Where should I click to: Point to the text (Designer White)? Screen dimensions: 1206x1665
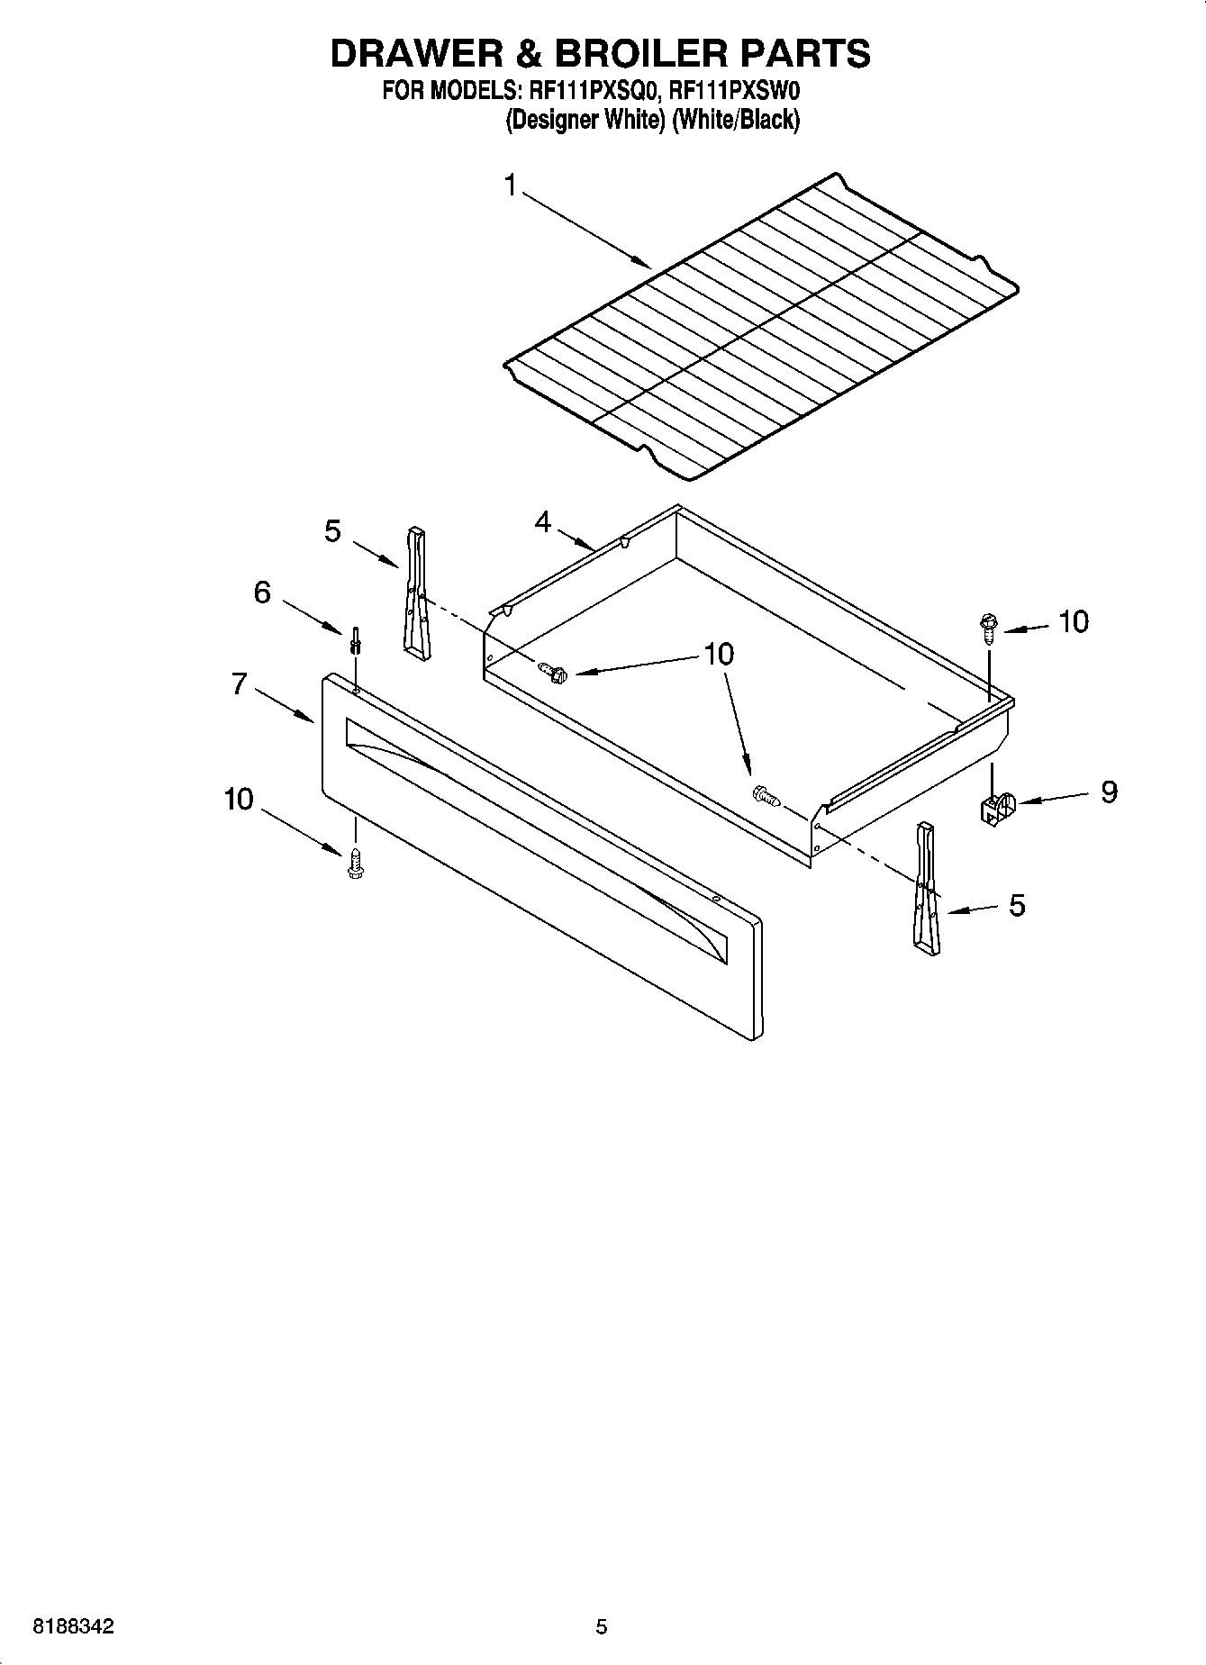585,120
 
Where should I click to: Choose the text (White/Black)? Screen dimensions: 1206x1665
735,120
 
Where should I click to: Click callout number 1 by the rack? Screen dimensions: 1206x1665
511,186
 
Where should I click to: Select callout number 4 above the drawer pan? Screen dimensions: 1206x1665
542,521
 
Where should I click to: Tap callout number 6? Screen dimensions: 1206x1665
262,593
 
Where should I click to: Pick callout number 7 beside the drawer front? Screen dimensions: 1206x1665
239,684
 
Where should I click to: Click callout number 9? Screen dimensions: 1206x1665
1109,792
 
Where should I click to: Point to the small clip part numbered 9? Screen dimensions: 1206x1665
995,808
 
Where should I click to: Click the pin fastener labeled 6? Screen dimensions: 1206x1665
357,640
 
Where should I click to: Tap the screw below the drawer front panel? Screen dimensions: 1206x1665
355,862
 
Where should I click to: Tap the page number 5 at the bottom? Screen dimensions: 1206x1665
602,1627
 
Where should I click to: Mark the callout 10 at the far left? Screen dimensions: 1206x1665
239,800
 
